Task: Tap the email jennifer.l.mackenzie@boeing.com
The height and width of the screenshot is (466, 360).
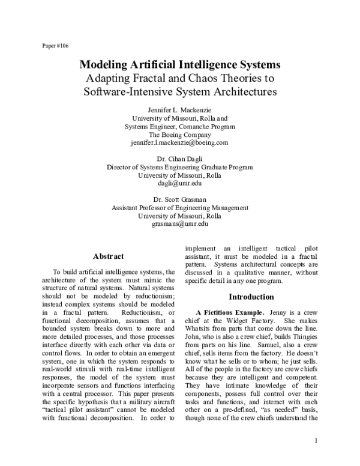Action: (x=180, y=144)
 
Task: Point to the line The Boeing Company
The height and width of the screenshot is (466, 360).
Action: (x=180, y=135)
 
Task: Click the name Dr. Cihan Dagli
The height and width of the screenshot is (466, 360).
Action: (x=180, y=159)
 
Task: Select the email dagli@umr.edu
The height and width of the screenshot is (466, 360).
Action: (x=180, y=184)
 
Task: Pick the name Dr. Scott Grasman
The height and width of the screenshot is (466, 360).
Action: (x=180, y=199)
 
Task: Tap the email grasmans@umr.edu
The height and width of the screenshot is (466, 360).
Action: (x=180, y=224)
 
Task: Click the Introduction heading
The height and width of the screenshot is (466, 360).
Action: (x=251, y=297)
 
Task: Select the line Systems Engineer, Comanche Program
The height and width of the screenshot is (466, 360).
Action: (x=180, y=127)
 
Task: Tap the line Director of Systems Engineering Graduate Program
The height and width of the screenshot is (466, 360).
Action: (x=180, y=167)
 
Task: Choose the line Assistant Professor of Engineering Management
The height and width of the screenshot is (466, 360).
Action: (x=180, y=207)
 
